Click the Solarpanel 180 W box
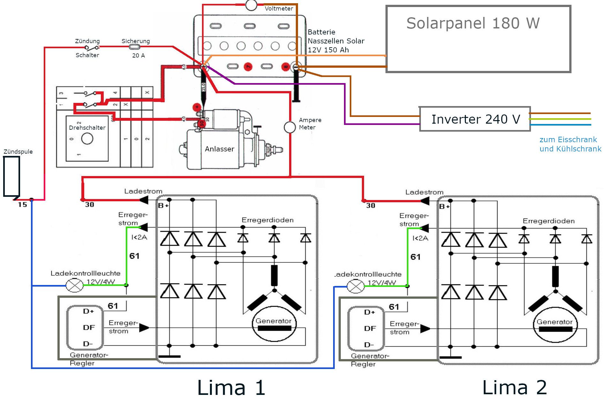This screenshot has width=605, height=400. coord(478,39)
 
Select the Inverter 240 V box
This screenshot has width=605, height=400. coord(475,119)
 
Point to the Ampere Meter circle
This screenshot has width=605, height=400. coord(290,127)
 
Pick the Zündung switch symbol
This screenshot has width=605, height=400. coord(92,48)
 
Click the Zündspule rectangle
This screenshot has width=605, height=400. coord(11,176)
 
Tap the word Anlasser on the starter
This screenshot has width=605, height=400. coord(220,149)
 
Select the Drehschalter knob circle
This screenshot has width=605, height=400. coord(87,139)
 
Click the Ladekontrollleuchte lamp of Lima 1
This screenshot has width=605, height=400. coord(74,285)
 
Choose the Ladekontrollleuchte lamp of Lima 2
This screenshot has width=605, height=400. coord(355,286)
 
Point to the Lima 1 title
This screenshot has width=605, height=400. coord(231,388)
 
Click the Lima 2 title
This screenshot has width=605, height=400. coord(514,388)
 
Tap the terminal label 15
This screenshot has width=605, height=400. coord(22,205)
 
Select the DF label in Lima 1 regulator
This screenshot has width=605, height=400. coord(89,327)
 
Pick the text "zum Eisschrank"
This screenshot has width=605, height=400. coord(568,140)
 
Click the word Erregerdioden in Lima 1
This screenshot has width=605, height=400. coord(267,220)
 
